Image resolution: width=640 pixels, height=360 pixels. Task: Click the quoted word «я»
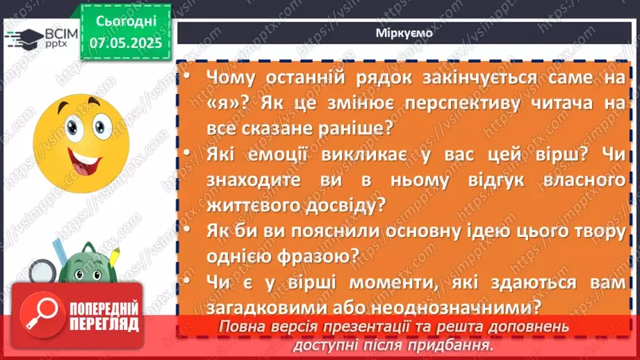point(221,104)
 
